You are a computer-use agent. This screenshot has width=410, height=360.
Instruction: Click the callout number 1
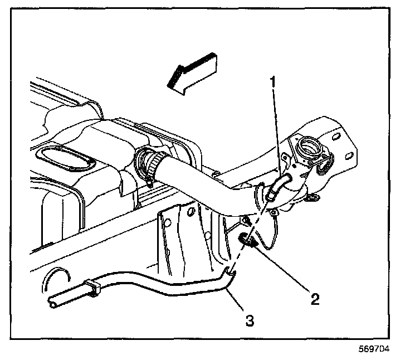click(x=273, y=82)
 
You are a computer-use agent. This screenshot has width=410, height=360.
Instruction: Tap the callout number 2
click(x=315, y=299)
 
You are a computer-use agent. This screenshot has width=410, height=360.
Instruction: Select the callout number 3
click(x=250, y=320)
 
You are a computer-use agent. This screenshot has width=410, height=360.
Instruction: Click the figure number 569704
click(x=374, y=349)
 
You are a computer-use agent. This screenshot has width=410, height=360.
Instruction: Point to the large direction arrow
click(x=192, y=74)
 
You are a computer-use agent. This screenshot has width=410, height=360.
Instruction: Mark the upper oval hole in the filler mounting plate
click(x=336, y=137)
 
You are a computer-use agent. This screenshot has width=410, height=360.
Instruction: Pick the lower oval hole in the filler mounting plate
click(x=349, y=157)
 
